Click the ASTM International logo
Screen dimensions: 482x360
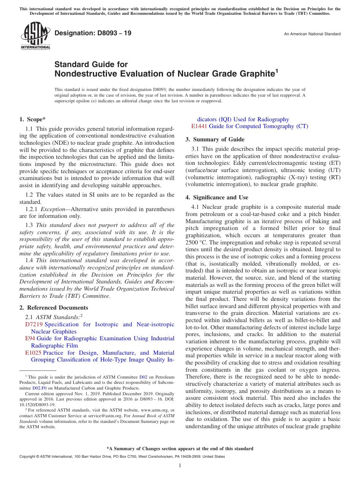pos(35,36)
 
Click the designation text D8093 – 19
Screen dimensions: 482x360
pos(93,33)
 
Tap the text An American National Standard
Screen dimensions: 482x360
pos(312,34)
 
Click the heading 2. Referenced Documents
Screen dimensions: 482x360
pos(54,308)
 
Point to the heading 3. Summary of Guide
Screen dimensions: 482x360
pos(215,139)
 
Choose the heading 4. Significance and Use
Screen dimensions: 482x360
pos(217,197)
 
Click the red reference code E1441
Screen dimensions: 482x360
pos(199,126)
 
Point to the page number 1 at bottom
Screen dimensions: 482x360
pos(180,466)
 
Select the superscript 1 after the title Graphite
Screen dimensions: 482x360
pos(277,70)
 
